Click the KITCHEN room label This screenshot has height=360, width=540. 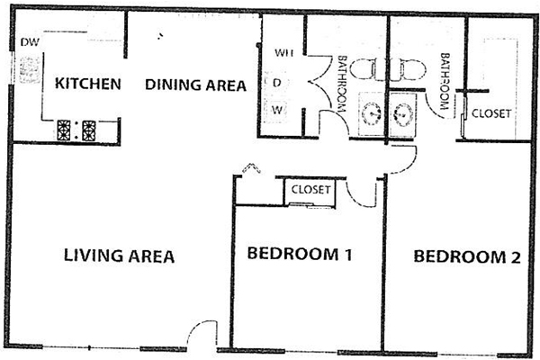pyautogui.click(x=88, y=84)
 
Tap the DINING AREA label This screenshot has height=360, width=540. pyautogui.click(x=195, y=85)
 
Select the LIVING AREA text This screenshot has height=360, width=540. pyautogui.click(x=119, y=256)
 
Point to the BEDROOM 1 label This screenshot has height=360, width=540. pyautogui.click(x=300, y=254)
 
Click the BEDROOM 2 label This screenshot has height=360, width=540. pyautogui.click(x=467, y=256)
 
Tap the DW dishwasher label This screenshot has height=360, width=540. pyautogui.click(x=30, y=42)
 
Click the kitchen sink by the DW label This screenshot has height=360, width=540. pyautogui.click(x=30, y=70)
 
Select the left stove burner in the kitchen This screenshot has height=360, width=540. pyautogui.click(x=64, y=130)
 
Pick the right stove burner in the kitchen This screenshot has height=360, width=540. pyautogui.click(x=89, y=130)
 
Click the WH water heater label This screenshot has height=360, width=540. pyautogui.click(x=284, y=53)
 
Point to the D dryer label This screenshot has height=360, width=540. pyautogui.click(x=277, y=83)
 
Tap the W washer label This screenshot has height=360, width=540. pyautogui.click(x=277, y=110)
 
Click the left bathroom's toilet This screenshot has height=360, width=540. pyautogui.click(x=364, y=69)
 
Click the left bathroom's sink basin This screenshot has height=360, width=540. pyautogui.click(x=371, y=112)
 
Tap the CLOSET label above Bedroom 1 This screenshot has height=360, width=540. pyautogui.click(x=310, y=190)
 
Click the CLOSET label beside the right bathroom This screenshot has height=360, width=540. pyautogui.click(x=491, y=113)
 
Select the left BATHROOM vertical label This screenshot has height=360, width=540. pyautogui.click(x=342, y=84)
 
